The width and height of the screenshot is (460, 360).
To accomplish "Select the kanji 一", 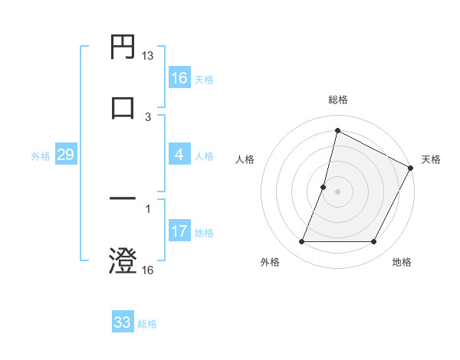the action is (x=123, y=200).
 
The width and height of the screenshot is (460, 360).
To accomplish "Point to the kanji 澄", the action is (x=123, y=260).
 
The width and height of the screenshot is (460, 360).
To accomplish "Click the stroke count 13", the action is (x=148, y=56).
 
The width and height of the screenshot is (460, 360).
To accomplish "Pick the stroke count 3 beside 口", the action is (x=148, y=116).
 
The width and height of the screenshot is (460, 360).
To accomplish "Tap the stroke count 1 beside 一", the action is (x=148, y=209).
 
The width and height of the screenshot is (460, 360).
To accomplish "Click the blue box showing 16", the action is (x=179, y=78).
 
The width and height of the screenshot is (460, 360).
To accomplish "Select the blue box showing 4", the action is (x=179, y=155).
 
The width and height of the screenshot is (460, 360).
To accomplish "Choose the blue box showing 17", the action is (x=179, y=231).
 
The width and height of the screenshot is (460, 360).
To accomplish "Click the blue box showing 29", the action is (x=65, y=155).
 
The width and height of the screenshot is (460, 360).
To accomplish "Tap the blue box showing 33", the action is (x=123, y=322).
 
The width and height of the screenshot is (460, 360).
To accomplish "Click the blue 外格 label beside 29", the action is (x=41, y=156).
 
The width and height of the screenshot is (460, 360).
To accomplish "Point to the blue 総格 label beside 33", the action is (x=147, y=324).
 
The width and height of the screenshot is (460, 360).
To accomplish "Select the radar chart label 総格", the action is (x=337, y=100).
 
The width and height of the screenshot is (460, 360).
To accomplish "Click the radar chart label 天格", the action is (x=431, y=159).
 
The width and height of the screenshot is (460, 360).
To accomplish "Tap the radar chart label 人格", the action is (x=245, y=159).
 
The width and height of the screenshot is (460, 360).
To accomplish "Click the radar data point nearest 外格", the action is (x=301, y=242).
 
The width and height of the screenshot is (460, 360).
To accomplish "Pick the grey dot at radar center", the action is (x=337, y=191).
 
